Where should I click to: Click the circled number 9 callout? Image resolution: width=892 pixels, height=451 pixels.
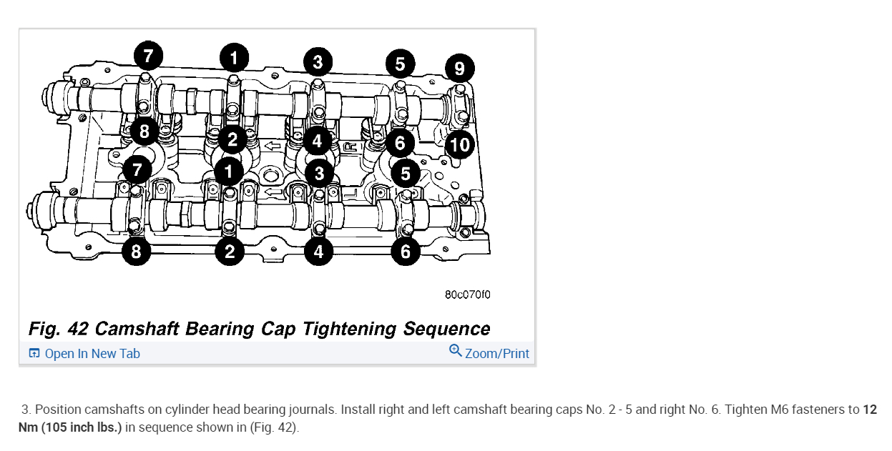pyautogui.click(x=459, y=69)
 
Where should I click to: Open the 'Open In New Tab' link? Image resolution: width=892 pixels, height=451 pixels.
pyautogui.click(x=92, y=354)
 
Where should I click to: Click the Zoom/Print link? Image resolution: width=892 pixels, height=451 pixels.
pyautogui.click(x=497, y=354)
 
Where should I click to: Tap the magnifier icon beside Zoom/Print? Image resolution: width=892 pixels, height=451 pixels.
pyautogui.click(x=455, y=351)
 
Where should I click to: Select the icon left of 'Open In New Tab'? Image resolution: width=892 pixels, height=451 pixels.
pyautogui.click(x=34, y=354)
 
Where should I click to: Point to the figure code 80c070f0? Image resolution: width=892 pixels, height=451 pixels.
pyautogui.click(x=468, y=294)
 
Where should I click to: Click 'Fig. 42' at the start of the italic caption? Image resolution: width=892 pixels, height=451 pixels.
pyautogui.click(x=59, y=329)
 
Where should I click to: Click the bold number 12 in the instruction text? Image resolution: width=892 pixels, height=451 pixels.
pyautogui.click(x=869, y=410)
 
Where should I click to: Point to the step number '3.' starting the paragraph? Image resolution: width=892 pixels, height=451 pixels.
pyautogui.click(x=26, y=410)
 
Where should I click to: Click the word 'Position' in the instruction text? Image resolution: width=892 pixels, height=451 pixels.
pyautogui.click(x=58, y=410)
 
